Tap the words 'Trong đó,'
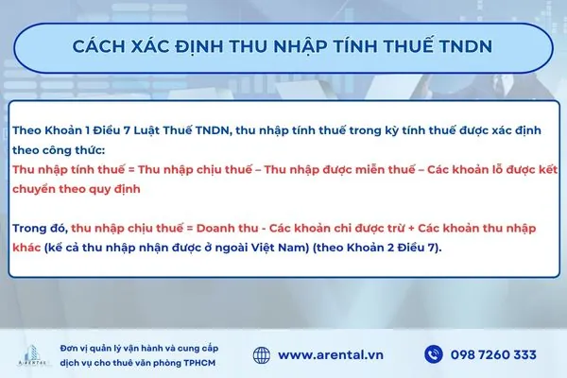[39, 228]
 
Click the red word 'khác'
[27, 248]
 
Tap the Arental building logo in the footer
[30, 352]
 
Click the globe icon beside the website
[264, 354]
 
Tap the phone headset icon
[434, 354]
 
